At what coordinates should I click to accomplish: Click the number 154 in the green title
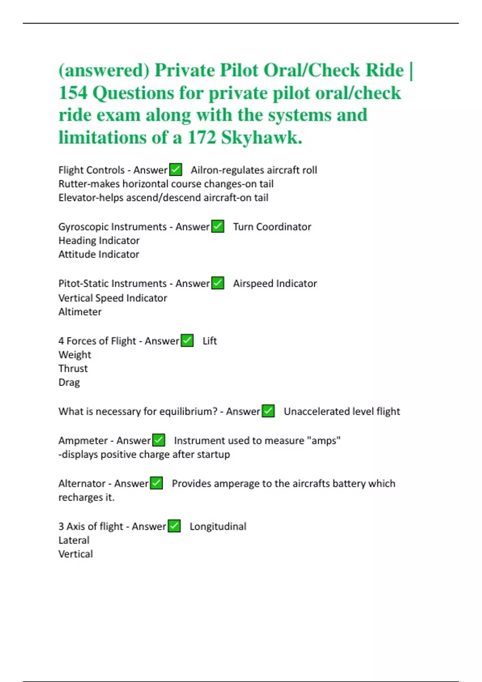tap(73, 93)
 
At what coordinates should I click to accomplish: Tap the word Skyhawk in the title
tap(261, 138)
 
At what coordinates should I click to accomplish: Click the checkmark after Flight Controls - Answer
tap(176, 170)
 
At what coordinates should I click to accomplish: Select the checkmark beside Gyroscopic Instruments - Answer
tap(218, 226)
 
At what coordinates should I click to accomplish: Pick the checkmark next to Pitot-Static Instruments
tap(218, 283)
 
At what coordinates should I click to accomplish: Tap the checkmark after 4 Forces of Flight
tap(187, 341)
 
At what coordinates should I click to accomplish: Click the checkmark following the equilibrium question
tap(268, 411)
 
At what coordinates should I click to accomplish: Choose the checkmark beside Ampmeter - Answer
tap(159, 440)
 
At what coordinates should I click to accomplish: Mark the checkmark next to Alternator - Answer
tap(156, 483)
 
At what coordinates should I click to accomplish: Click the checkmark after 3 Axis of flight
tap(174, 526)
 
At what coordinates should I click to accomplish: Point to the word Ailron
tap(204, 170)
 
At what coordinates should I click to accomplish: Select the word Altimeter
tap(80, 312)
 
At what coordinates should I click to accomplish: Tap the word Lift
tap(210, 341)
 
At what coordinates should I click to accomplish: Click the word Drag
tap(69, 382)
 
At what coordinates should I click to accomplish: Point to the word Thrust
tap(73, 368)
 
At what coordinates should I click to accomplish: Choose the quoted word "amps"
tap(324, 440)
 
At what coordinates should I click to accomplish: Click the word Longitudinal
tap(218, 526)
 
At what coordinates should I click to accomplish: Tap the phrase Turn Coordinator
tap(272, 227)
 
